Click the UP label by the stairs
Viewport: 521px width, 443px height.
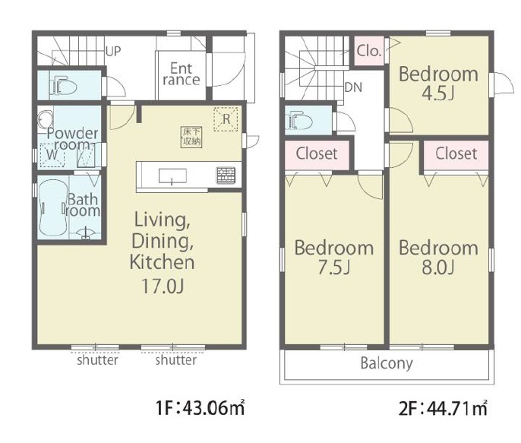click(113, 52)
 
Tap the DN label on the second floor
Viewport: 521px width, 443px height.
click(353, 87)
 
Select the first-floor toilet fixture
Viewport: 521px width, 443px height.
click(64, 85)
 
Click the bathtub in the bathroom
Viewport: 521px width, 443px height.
click(53, 207)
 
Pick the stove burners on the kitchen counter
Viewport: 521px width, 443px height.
click(226, 175)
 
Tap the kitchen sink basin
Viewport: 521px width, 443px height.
click(172, 176)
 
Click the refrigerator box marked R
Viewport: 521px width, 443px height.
click(226, 119)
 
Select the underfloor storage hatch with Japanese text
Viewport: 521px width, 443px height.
click(191, 137)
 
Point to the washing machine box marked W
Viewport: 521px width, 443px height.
click(52, 155)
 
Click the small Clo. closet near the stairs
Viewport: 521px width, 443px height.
click(369, 50)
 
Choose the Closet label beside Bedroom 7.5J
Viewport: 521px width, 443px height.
click(317, 153)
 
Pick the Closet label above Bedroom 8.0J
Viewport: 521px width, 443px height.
click(456, 153)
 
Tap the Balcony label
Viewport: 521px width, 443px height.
click(387, 363)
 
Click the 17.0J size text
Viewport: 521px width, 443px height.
click(163, 286)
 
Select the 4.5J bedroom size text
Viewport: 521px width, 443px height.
click(438, 93)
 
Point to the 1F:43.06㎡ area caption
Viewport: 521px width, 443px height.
click(201, 408)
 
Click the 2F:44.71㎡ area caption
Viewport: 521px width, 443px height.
click(443, 408)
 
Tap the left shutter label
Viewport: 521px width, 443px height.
click(97, 360)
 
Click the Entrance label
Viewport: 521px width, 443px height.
click(182, 74)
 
